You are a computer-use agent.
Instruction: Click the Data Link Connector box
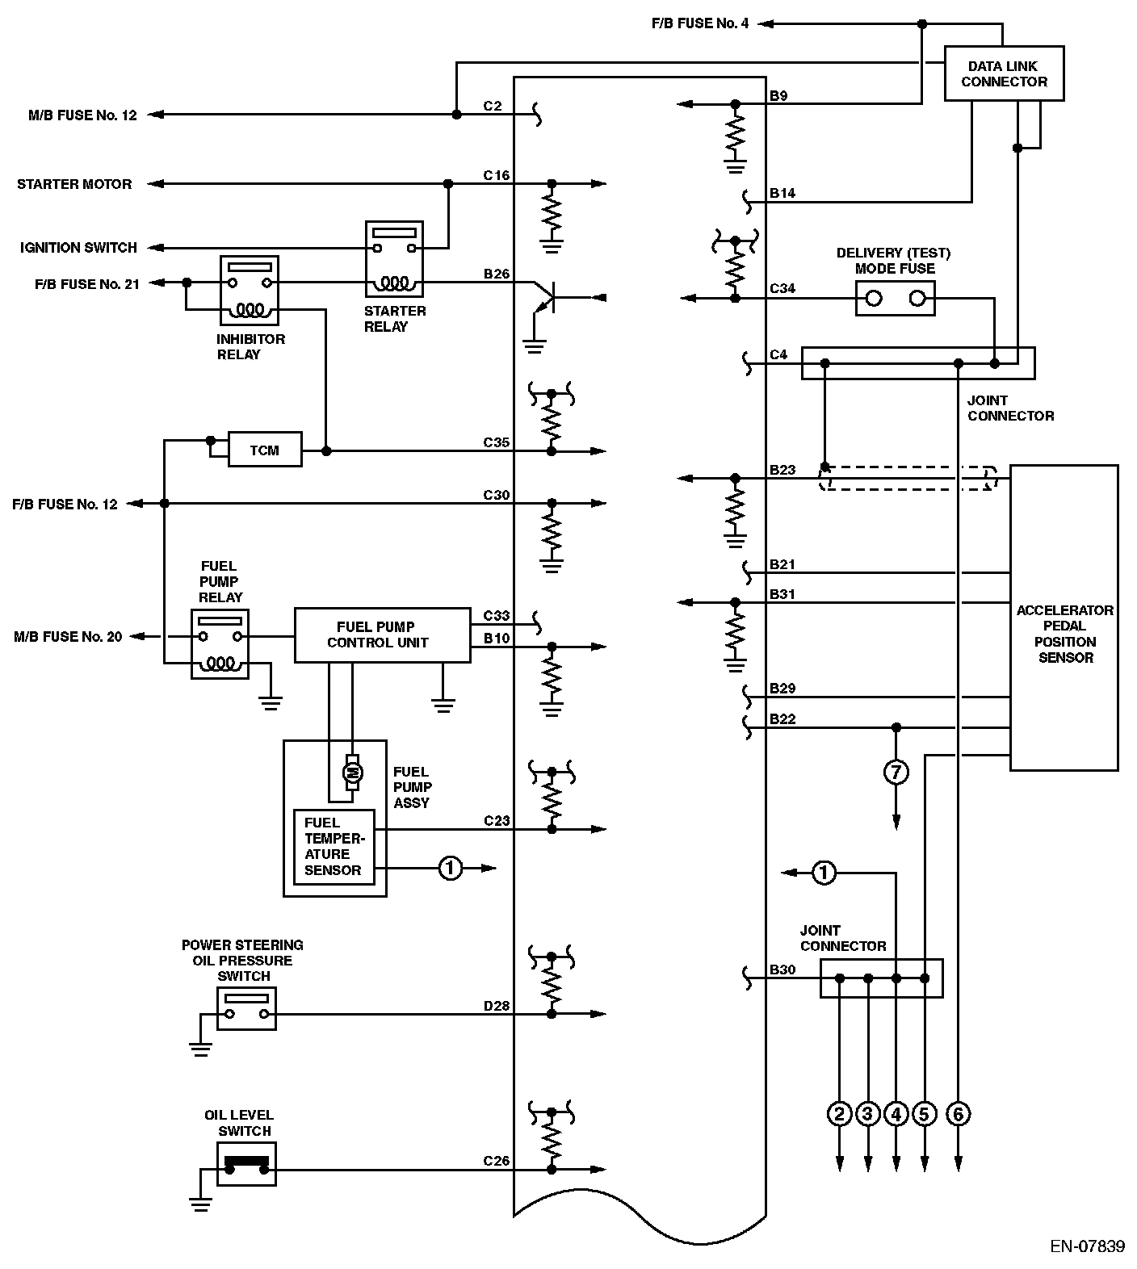tap(1004, 73)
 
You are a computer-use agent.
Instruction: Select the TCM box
tap(265, 450)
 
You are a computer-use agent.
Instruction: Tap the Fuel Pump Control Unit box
tap(382, 635)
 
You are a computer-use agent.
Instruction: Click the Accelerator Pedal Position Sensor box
tap(1064, 618)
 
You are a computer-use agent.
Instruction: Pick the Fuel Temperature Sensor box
tap(334, 847)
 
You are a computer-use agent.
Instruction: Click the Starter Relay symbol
tap(394, 259)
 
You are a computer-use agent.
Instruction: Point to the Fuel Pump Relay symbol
tap(220, 644)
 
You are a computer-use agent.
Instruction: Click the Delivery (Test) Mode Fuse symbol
tap(895, 299)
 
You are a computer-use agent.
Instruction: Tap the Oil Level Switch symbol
tap(246, 1164)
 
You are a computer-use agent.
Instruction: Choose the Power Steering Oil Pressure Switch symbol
tap(246, 1009)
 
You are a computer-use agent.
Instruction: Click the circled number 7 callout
tap(896, 773)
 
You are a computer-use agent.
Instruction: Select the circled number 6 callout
tap(958, 1115)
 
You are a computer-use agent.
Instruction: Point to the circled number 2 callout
tap(840, 1115)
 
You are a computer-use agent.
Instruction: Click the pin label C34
tap(782, 288)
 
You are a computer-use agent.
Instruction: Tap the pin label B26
tap(497, 274)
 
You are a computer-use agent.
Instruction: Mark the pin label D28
tap(497, 1006)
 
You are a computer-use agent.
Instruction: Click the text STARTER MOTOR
tap(74, 184)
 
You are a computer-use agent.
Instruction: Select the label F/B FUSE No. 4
tap(700, 23)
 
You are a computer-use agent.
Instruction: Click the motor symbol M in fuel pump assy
tap(352, 773)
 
